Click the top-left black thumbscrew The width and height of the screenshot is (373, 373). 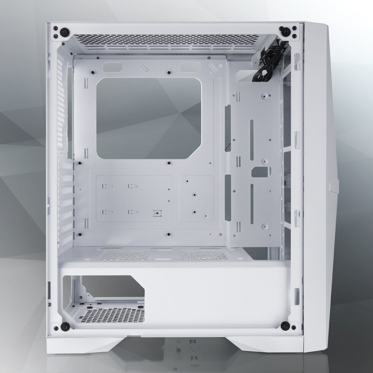coord(56,30)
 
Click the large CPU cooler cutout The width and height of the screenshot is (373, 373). coord(149,118)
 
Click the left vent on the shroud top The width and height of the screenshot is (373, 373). coord(127,255)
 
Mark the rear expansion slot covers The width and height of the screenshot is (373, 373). coord(65,206)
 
